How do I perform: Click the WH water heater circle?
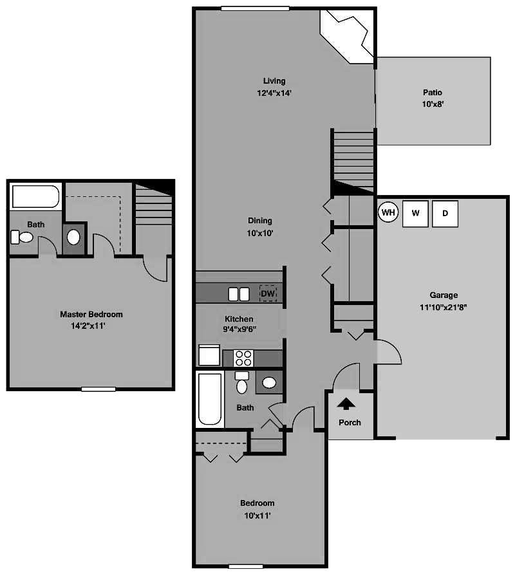click(388, 212)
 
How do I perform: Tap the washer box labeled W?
click(415, 214)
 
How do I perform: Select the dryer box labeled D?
click(445, 214)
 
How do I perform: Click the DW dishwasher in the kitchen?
click(268, 293)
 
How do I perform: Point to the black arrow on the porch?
click(346, 404)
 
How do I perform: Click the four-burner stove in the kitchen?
click(243, 358)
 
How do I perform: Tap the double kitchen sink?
click(239, 294)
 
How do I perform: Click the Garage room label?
click(444, 295)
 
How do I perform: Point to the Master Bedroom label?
click(91, 315)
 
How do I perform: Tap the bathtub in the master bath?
click(36, 196)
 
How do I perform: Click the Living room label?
click(274, 81)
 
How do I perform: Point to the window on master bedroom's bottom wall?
click(98, 389)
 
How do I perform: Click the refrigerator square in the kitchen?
click(209, 355)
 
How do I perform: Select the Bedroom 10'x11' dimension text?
click(257, 515)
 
